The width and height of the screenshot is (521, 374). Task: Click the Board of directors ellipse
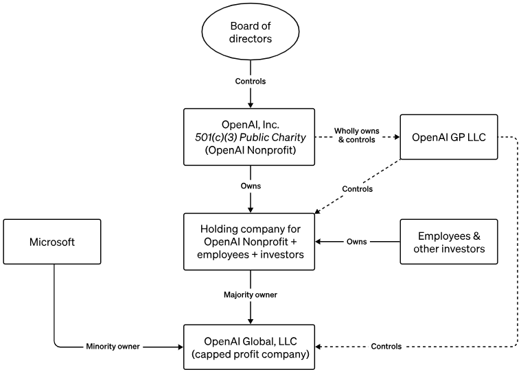point(250,32)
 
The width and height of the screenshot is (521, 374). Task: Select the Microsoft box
point(52,242)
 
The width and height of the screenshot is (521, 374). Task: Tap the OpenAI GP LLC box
point(449,137)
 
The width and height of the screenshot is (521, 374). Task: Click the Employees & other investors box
point(449,242)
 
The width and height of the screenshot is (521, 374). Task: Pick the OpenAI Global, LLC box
point(249,347)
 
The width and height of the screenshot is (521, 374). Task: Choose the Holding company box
point(249,242)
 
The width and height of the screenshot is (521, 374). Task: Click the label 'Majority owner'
point(250,295)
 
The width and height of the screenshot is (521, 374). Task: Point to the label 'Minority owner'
point(113,347)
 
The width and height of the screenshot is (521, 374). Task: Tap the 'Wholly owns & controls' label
point(356,135)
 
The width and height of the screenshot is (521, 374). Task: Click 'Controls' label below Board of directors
point(250,82)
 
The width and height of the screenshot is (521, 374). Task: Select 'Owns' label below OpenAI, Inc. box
point(251,186)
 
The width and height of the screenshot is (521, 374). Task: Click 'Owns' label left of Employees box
point(356,242)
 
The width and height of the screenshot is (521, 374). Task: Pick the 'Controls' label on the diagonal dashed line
point(357,189)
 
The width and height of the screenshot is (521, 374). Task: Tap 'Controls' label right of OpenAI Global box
point(386,347)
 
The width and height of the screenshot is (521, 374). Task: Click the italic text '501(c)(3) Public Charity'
point(250,137)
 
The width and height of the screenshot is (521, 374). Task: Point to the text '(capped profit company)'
point(250,354)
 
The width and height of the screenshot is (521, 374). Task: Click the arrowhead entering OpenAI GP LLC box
point(397,137)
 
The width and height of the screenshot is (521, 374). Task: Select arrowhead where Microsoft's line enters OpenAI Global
point(181,347)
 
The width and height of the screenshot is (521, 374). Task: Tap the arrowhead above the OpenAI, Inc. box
point(251,105)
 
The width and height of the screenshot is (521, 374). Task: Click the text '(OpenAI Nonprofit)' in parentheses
point(250,150)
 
